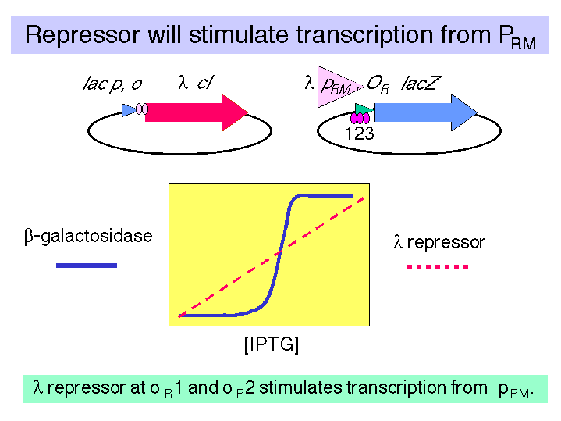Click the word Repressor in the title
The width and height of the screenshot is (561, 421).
(x=82, y=35)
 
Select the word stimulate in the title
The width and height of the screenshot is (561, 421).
(x=239, y=34)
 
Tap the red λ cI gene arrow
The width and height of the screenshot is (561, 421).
(x=197, y=112)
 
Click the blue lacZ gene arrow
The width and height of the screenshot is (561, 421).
(x=425, y=112)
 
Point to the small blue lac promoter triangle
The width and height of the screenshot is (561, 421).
(x=129, y=110)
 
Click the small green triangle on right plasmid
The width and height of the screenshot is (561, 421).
(x=364, y=109)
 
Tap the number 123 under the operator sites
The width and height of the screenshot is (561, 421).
(x=359, y=134)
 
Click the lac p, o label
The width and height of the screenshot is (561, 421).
(x=112, y=84)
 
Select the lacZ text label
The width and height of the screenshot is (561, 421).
(x=420, y=84)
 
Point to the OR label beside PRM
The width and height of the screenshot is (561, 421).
(x=378, y=84)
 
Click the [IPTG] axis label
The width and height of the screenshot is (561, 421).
(x=272, y=344)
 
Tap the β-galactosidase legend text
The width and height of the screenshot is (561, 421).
(x=88, y=236)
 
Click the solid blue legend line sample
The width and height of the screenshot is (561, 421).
(x=87, y=266)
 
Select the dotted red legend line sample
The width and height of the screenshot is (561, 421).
(x=438, y=267)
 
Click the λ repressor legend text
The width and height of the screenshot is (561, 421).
(x=439, y=242)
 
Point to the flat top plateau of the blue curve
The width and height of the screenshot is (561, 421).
(x=325, y=195)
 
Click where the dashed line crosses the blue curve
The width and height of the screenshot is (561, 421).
(x=280, y=252)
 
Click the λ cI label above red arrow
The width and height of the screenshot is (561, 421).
(x=195, y=83)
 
